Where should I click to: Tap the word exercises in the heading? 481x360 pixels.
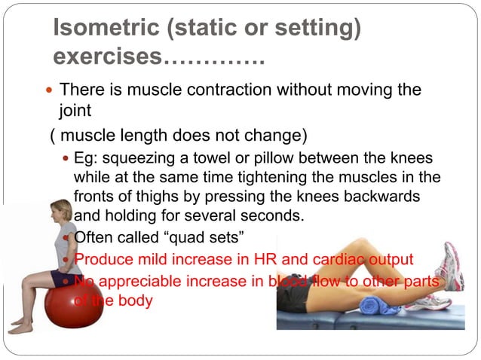pos(108,56)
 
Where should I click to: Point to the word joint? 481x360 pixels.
pos(75,111)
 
